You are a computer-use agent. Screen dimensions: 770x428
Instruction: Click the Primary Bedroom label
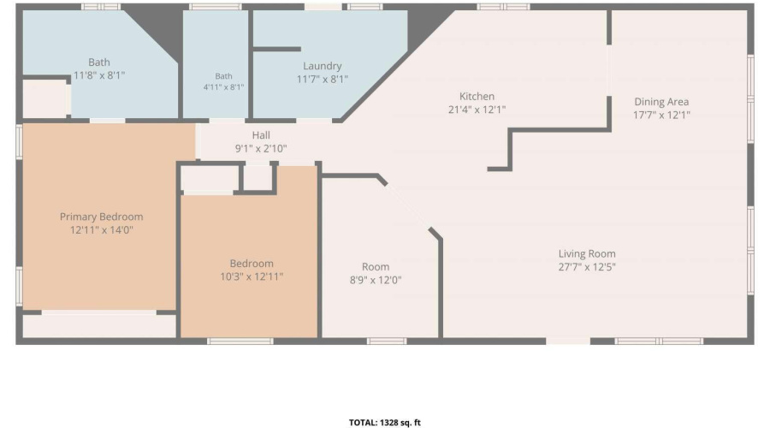click(101, 217)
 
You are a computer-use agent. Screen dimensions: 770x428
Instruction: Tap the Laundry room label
click(323, 66)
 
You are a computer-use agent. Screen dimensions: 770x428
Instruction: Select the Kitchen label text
click(477, 97)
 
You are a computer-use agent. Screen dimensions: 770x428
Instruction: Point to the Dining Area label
click(661, 102)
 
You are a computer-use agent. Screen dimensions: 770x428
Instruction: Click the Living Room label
click(587, 254)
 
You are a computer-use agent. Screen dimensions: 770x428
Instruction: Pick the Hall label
click(261, 135)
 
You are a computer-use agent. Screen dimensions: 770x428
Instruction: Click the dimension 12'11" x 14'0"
click(102, 230)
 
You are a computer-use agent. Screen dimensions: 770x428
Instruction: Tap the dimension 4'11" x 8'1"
click(223, 87)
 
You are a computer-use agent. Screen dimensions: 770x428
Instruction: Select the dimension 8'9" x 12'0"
click(376, 280)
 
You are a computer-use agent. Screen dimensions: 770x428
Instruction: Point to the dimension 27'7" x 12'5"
click(587, 267)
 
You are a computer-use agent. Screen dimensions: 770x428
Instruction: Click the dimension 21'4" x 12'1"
click(477, 110)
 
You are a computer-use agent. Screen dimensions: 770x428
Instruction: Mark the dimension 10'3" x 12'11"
click(252, 276)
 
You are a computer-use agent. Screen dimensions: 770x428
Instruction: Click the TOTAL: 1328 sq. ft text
click(384, 423)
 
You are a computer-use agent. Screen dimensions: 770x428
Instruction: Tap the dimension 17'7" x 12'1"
click(661, 115)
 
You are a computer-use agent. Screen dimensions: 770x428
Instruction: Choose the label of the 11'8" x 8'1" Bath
click(99, 62)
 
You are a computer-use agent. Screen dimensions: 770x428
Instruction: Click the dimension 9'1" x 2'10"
click(261, 148)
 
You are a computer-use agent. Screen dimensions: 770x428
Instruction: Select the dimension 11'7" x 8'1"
click(323, 79)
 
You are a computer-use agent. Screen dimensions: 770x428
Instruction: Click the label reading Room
click(376, 267)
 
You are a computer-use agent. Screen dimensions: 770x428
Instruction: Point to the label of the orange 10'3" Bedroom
click(252, 264)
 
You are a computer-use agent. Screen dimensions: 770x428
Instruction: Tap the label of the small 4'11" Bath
click(223, 76)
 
